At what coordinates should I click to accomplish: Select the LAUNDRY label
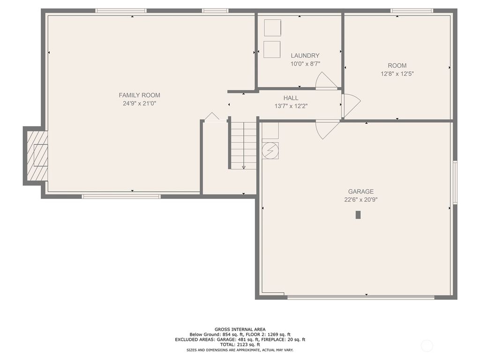click(305, 55)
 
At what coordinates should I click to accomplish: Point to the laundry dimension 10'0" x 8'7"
click(305, 64)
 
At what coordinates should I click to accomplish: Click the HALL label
click(291, 98)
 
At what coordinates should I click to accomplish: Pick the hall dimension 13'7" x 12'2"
click(291, 106)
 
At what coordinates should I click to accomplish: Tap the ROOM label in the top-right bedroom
click(397, 66)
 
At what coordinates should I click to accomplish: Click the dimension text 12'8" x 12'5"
click(397, 74)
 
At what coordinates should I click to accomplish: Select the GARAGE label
click(360, 191)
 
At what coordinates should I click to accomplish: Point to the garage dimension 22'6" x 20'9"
click(360, 199)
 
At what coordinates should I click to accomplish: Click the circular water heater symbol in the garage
click(270, 150)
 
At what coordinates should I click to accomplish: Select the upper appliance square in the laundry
click(272, 28)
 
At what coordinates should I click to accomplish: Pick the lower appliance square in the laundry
click(272, 49)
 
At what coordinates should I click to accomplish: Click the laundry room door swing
click(325, 82)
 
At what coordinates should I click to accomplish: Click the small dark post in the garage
click(358, 215)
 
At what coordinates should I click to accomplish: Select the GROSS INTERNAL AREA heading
click(240, 330)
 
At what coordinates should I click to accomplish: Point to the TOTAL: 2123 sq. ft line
click(240, 345)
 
